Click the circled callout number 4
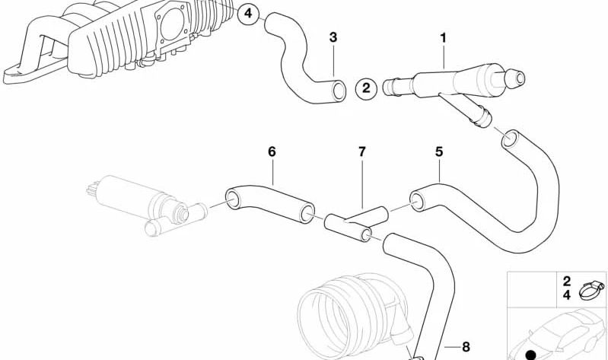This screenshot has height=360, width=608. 248,14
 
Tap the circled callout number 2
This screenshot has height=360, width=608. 366,88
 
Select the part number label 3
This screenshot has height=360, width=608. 333,38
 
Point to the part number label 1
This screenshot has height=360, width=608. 443,38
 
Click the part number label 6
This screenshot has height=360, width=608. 272,151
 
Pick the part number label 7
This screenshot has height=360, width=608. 361,151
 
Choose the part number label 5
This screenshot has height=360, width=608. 439,151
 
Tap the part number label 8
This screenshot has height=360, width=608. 466,346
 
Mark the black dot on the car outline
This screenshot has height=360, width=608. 530,355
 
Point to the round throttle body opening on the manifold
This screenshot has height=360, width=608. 171,24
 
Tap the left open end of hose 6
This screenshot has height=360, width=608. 234,198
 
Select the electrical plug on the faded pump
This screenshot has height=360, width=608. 92,188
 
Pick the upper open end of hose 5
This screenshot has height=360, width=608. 511,139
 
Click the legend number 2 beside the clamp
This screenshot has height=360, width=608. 566,282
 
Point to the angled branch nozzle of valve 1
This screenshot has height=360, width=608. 469,110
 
